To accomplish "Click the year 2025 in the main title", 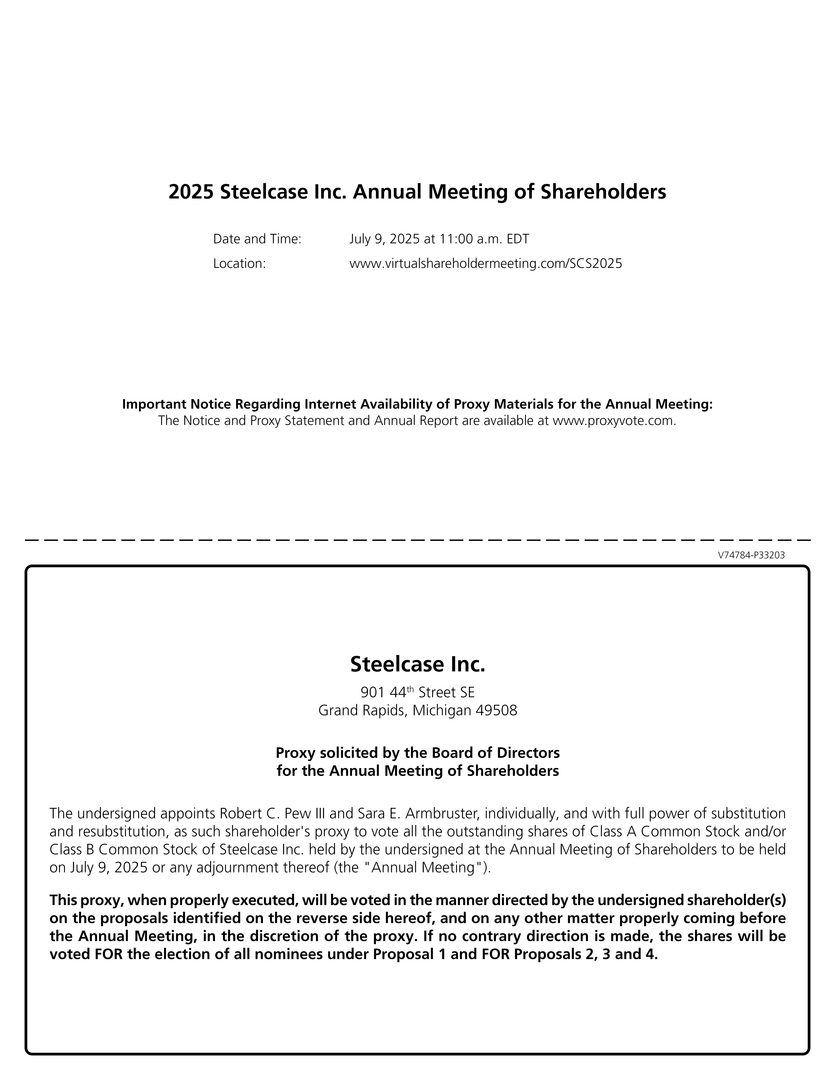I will click(191, 192).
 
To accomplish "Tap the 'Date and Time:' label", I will click(257, 239).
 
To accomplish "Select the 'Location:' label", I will click(239, 264).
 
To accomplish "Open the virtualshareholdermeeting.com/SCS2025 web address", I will click(485, 264).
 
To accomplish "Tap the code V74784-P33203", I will click(751, 555).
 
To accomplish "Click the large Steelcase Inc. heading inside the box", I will click(417, 664).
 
